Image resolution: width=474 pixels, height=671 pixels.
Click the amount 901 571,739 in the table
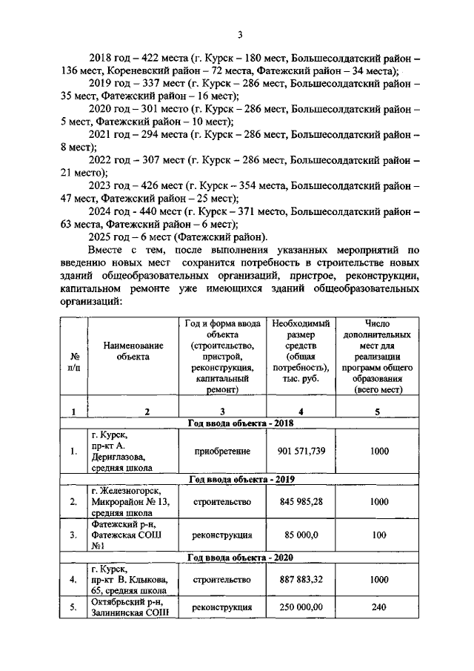click(x=301, y=452)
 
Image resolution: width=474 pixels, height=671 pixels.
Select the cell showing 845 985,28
click(x=301, y=502)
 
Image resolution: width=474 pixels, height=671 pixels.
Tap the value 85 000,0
click(x=301, y=535)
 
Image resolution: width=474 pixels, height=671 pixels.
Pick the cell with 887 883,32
click(x=301, y=580)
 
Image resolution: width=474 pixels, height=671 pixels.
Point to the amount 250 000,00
click(x=301, y=607)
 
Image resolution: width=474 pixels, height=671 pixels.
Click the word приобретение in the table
click(x=222, y=452)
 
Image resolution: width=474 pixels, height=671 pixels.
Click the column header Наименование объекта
click(x=133, y=351)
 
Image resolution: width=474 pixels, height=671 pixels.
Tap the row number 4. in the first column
click(x=73, y=580)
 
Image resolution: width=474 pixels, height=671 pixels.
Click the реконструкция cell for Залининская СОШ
click(x=222, y=607)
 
